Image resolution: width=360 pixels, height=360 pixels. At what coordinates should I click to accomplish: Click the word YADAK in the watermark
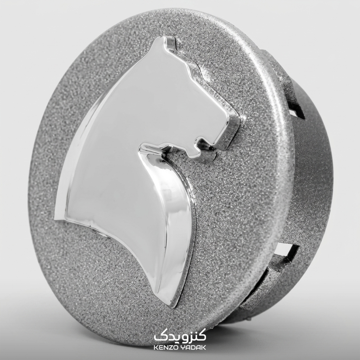pyautogui.click(x=194, y=347)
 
